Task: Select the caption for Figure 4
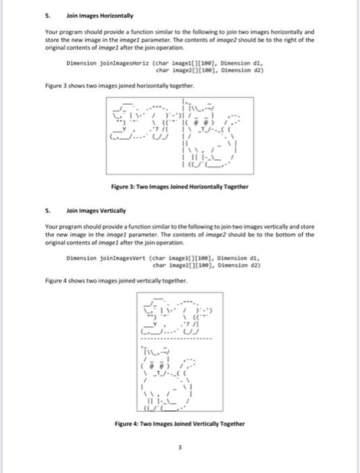tap(180, 424)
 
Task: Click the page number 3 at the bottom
tap(180, 447)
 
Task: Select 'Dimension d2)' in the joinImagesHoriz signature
tap(242, 69)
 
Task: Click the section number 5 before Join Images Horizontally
tap(47, 16)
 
